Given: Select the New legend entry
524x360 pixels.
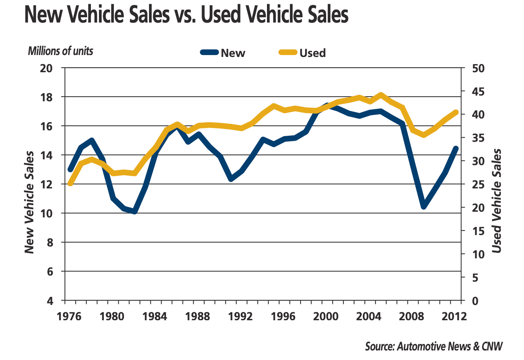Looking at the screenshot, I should [223, 53].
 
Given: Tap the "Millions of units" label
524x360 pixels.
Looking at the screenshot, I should [60, 51].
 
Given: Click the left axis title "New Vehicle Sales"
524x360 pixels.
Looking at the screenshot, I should [29, 202].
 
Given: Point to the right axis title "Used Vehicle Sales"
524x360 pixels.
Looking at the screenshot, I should [496, 201].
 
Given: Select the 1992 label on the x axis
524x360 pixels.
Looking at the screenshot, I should [241, 316].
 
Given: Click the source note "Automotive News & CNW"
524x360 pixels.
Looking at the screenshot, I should [434, 346].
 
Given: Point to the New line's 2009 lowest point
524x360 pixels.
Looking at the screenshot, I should [423, 207].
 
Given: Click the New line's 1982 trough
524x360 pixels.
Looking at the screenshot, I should [134, 211].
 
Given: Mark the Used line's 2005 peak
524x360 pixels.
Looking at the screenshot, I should [380, 94].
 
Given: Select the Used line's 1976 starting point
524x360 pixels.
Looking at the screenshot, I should [70, 183].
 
